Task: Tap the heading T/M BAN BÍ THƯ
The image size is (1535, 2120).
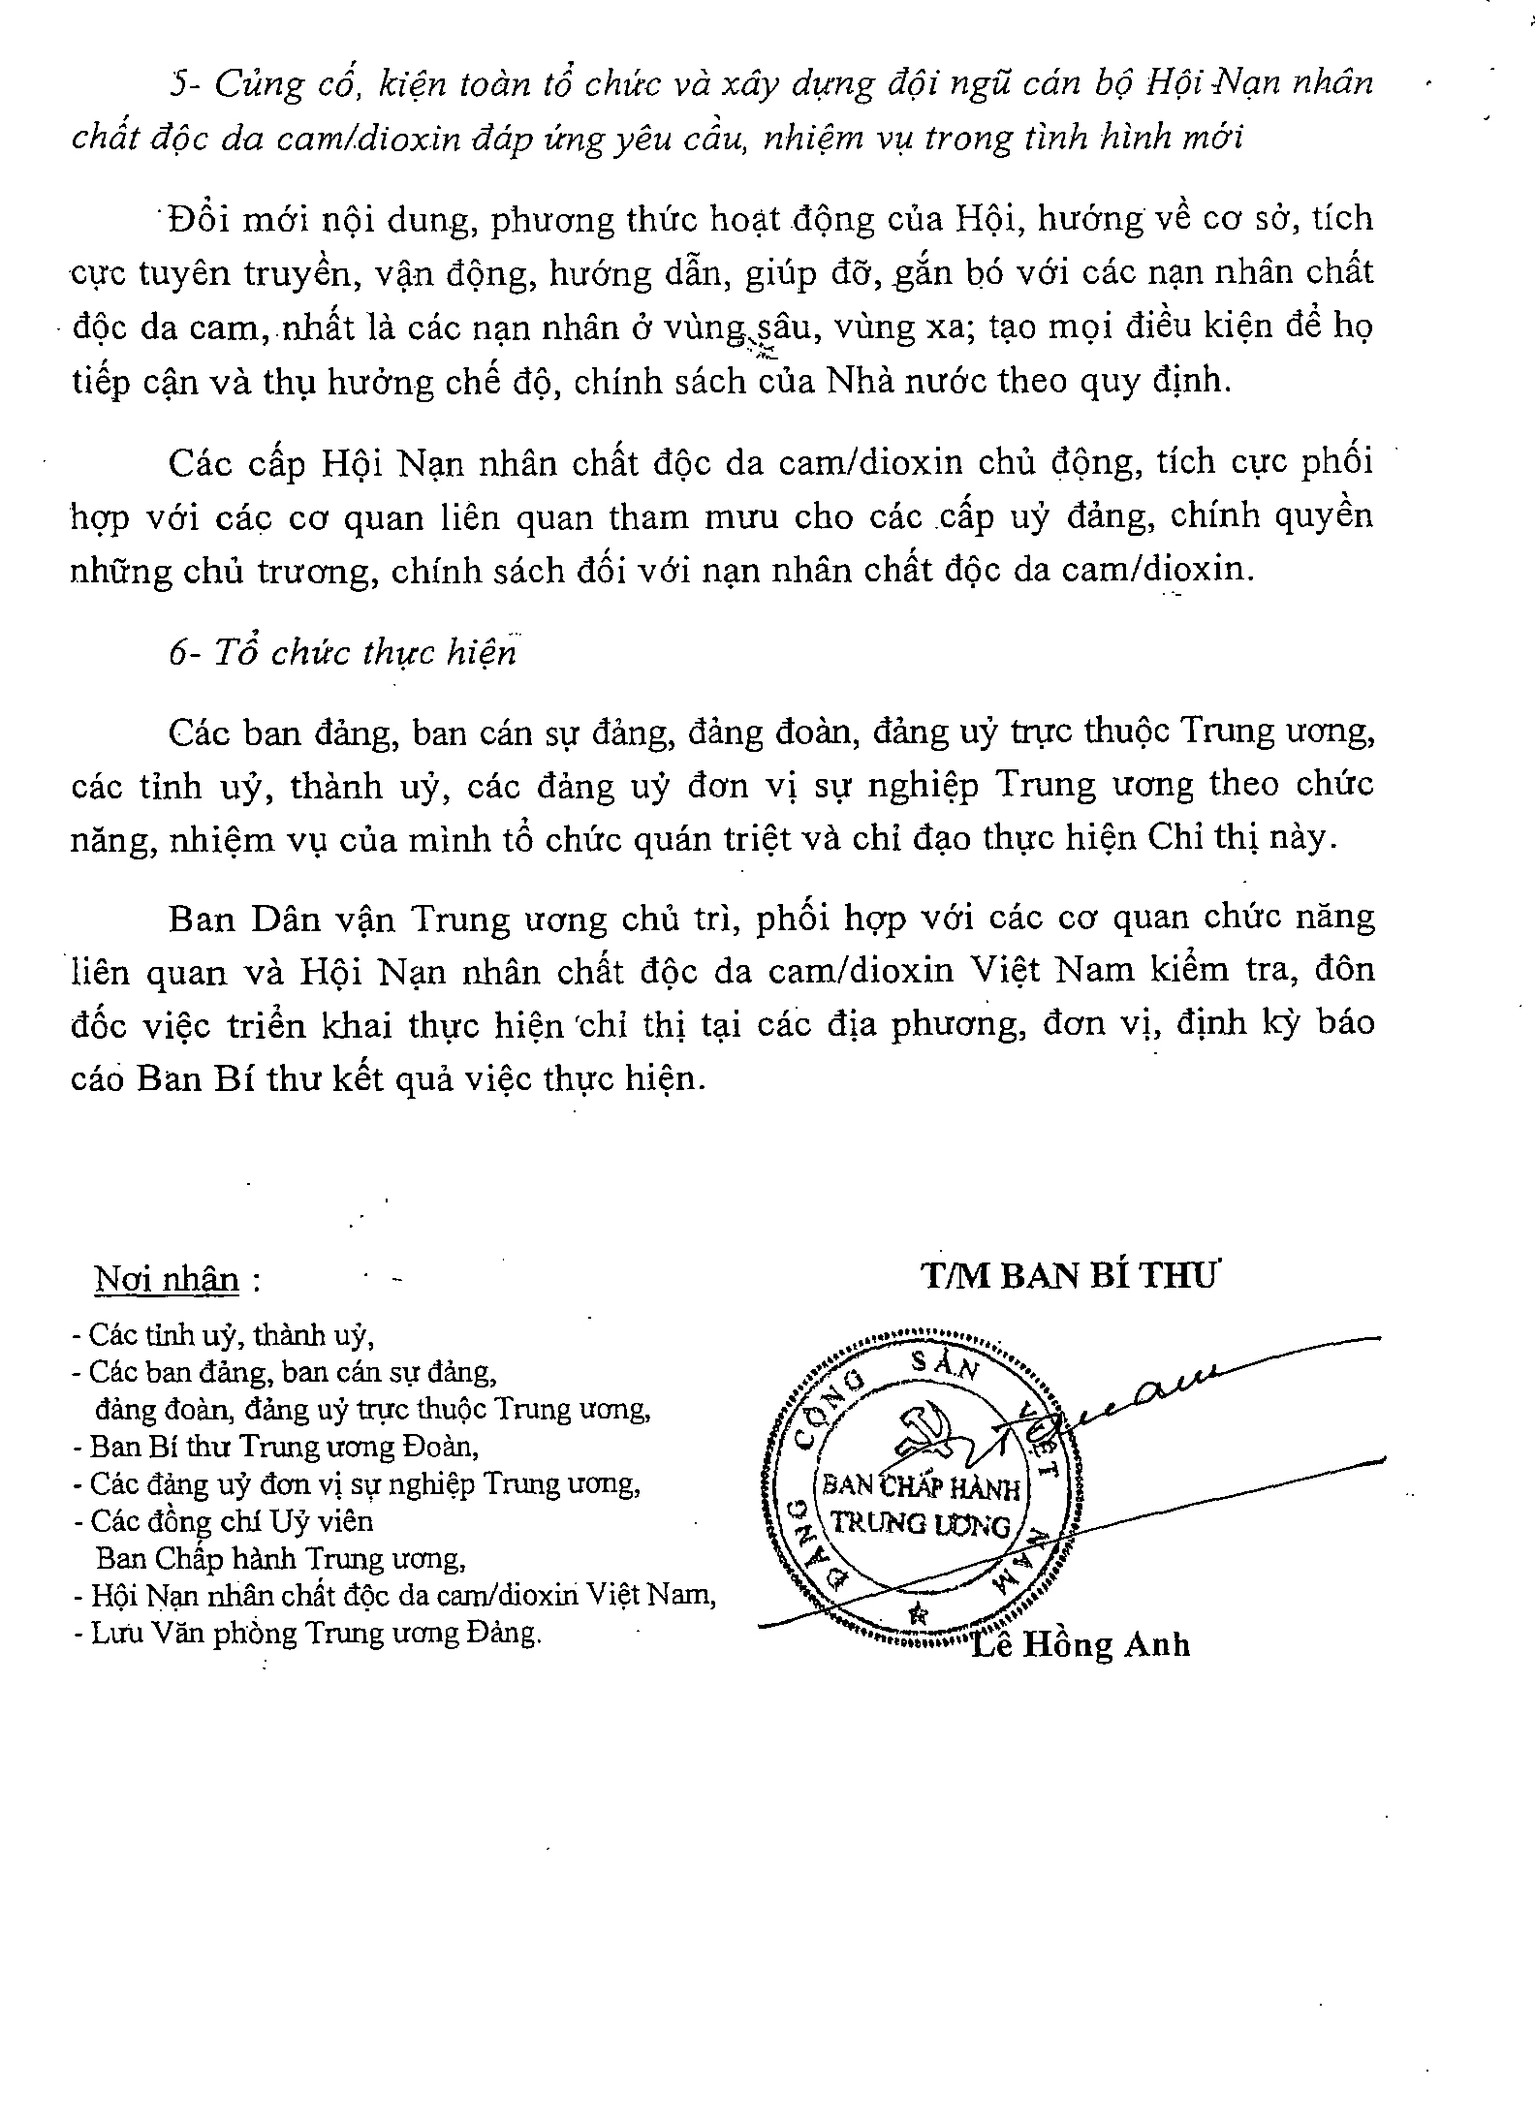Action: pos(1068,1277)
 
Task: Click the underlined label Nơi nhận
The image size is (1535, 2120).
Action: pos(167,1281)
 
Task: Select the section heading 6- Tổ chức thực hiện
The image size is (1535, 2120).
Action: pos(342,653)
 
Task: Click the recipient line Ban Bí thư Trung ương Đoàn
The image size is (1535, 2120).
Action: pos(285,1447)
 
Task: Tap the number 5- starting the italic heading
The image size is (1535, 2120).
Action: pos(185,84)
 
